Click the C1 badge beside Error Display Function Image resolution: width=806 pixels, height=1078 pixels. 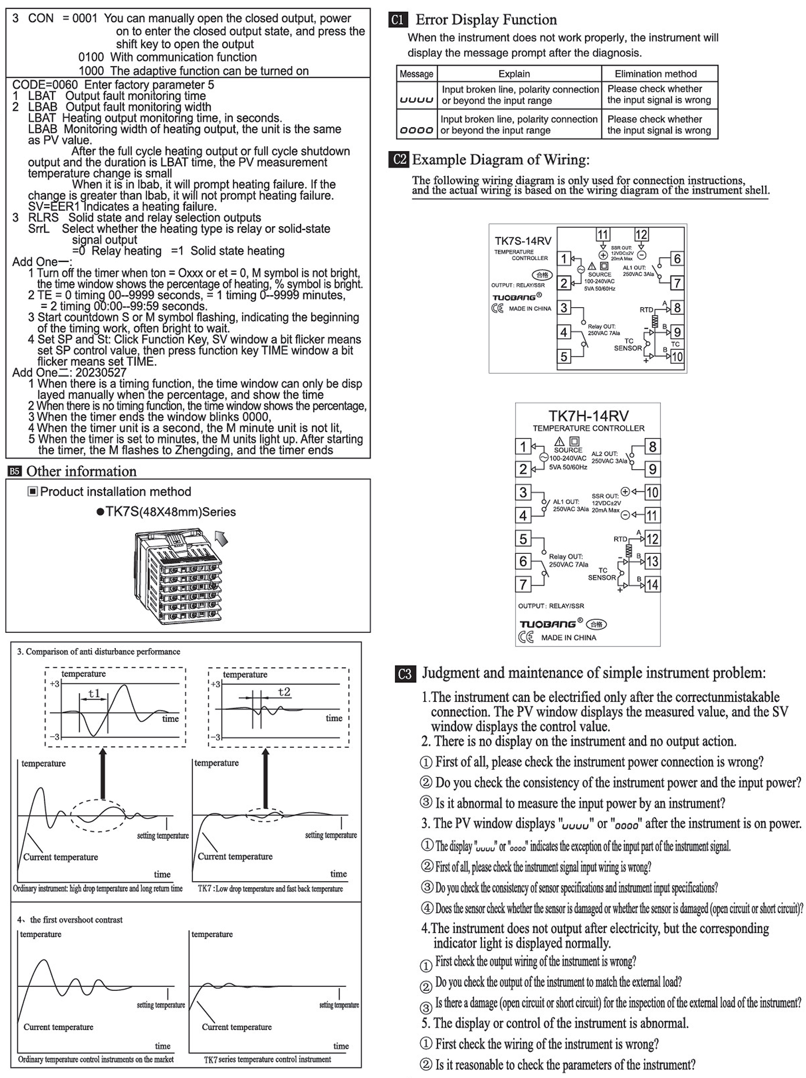pos(397,20)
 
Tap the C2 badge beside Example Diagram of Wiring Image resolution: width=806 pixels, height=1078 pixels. pos(399,160)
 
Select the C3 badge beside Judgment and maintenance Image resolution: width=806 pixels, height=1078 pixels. pos(405,674)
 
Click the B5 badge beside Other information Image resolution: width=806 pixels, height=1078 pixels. pos(15,471)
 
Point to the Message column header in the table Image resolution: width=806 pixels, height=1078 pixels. pos(416,74)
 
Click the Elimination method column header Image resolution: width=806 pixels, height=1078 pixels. pos(655,74)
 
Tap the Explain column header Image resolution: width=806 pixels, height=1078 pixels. pos(514,74)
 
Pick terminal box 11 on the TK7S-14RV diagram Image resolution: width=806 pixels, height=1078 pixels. pos(602,235)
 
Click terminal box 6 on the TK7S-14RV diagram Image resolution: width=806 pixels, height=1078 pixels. pos(677,259)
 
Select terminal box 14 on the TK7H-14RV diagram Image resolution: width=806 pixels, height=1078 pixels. pos(652,585)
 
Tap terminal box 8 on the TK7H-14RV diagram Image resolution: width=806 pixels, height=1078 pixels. pos(652,447)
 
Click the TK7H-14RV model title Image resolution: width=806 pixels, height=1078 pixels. pos(588,416)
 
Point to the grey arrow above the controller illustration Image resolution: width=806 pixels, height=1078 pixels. pos(221,538)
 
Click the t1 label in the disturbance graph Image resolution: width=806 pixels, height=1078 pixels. pos(94,693)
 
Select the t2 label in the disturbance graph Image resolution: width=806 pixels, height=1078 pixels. pos(284,692)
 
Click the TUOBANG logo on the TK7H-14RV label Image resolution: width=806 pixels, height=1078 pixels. pos(548,624)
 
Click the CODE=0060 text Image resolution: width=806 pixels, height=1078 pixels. pos(45,85)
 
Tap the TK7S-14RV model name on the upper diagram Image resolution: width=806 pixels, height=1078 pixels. pos(523,241)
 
